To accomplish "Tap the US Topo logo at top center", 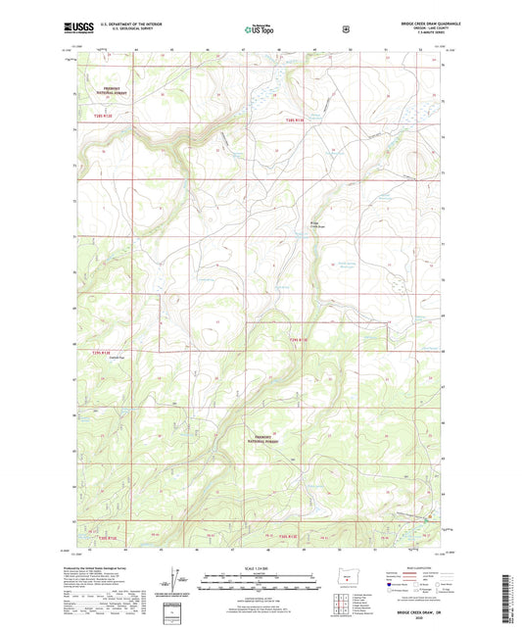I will click(260, 30).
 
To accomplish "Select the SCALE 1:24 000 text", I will click(260, 568).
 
